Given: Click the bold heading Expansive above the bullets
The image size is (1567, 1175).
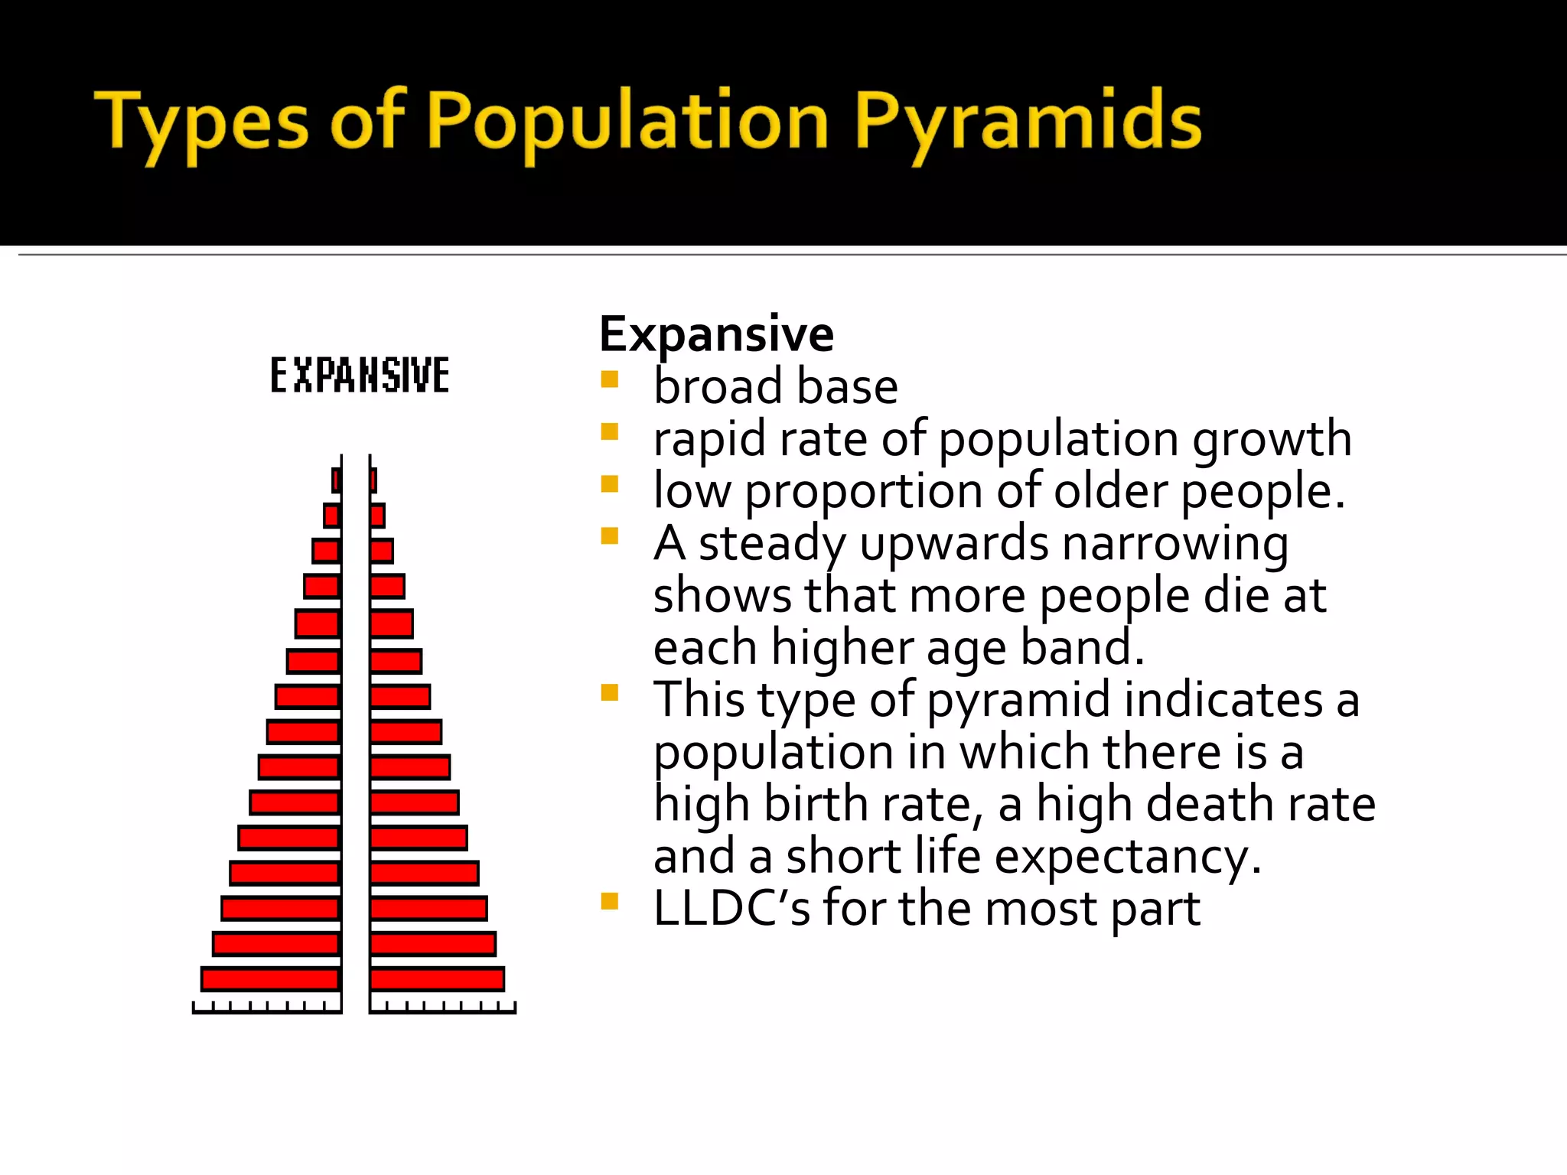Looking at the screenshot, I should [716, 334].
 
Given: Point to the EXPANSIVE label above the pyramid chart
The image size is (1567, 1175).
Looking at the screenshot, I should [360, 376].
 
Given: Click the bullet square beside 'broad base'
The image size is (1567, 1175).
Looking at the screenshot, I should [609, 379].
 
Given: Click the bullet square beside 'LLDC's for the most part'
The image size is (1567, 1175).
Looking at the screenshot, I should [609, 901].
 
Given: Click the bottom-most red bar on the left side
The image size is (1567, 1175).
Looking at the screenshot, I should [270, 978].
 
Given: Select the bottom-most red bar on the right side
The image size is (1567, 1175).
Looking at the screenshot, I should [437, 978].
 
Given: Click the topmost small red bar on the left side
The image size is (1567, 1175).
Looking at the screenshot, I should [336, 480].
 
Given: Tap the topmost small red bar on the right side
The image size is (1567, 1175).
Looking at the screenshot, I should [373, 480].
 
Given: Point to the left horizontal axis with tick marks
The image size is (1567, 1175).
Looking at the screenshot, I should [266, 1009].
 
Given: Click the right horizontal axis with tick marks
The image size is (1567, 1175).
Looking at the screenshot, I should [442, 1009].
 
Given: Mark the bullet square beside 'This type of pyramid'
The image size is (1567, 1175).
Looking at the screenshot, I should [609, 693].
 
